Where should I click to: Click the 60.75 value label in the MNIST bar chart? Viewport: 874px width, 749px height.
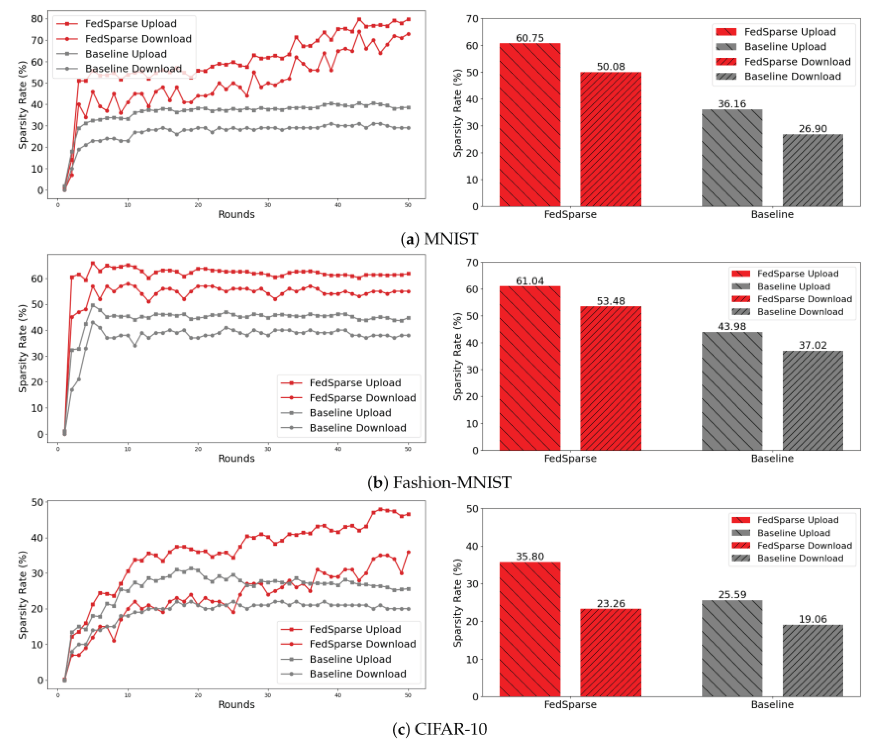click(x=530, y=38)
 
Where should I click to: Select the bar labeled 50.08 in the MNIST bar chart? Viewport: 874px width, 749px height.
click(x=610, y=139)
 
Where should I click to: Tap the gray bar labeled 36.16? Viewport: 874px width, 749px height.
click(x=732, y=158)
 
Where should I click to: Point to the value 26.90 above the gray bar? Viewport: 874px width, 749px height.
click(x=812, y=129)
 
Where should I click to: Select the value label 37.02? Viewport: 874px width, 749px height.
click(x=812, y=345)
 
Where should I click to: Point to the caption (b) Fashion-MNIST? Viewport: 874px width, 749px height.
click(x=439, y=482)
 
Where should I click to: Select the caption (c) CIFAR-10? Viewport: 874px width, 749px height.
click(x=439, y=729)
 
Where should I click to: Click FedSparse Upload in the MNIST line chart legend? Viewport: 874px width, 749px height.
click(x=130, y=24)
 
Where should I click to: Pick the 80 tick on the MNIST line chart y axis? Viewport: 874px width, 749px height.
click(x=37, y=19)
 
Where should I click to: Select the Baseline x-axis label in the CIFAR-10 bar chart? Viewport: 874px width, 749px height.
click(x=772, y=704)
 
